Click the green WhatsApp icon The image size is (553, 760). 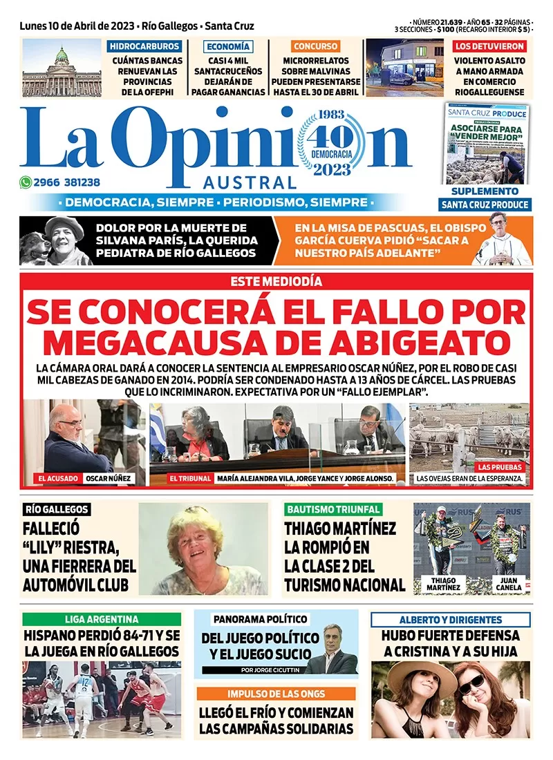click(x=26, y=183)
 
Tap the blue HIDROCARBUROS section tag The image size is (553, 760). click(x=144, y=47)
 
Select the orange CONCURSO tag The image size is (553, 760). click(x=315, y=47)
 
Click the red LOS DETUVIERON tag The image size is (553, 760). click(x=489, y=47)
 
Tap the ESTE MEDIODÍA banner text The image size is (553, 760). click(x=276, y=281)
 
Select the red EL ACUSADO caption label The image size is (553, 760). click(x=57, y=478)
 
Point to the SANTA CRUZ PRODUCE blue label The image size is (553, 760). click(x=485, y=205)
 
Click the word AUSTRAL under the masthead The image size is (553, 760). click(x=250, y=183)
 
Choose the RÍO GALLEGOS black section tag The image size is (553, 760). click(x=57, y=509)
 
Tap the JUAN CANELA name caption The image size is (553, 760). click(x=509, y=584)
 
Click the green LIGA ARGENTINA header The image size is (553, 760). click(x=102, y=619)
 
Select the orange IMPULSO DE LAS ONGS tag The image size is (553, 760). click(x=276, y=694)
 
